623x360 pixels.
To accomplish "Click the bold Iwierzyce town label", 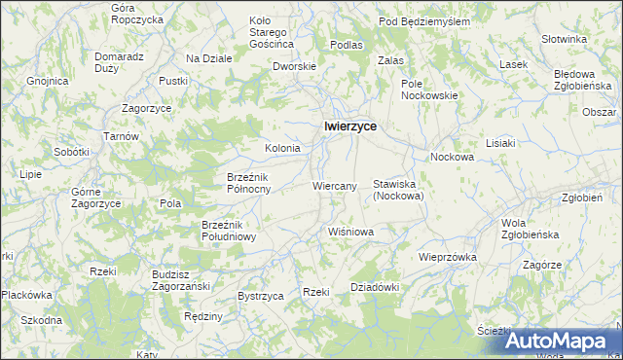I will pos(350,126).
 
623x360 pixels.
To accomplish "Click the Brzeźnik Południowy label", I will pos(228,230).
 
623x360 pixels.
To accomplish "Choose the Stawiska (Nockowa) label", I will pos(397,190).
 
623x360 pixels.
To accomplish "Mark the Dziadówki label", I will pos(375,287).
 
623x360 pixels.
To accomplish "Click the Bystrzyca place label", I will pos(260,295).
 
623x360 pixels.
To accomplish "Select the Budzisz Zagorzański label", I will pos(183,280).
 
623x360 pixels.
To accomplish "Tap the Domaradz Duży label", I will pos(119,63).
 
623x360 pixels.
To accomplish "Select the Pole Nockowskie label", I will pos(429,90).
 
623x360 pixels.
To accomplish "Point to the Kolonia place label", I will pos(282,148).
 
